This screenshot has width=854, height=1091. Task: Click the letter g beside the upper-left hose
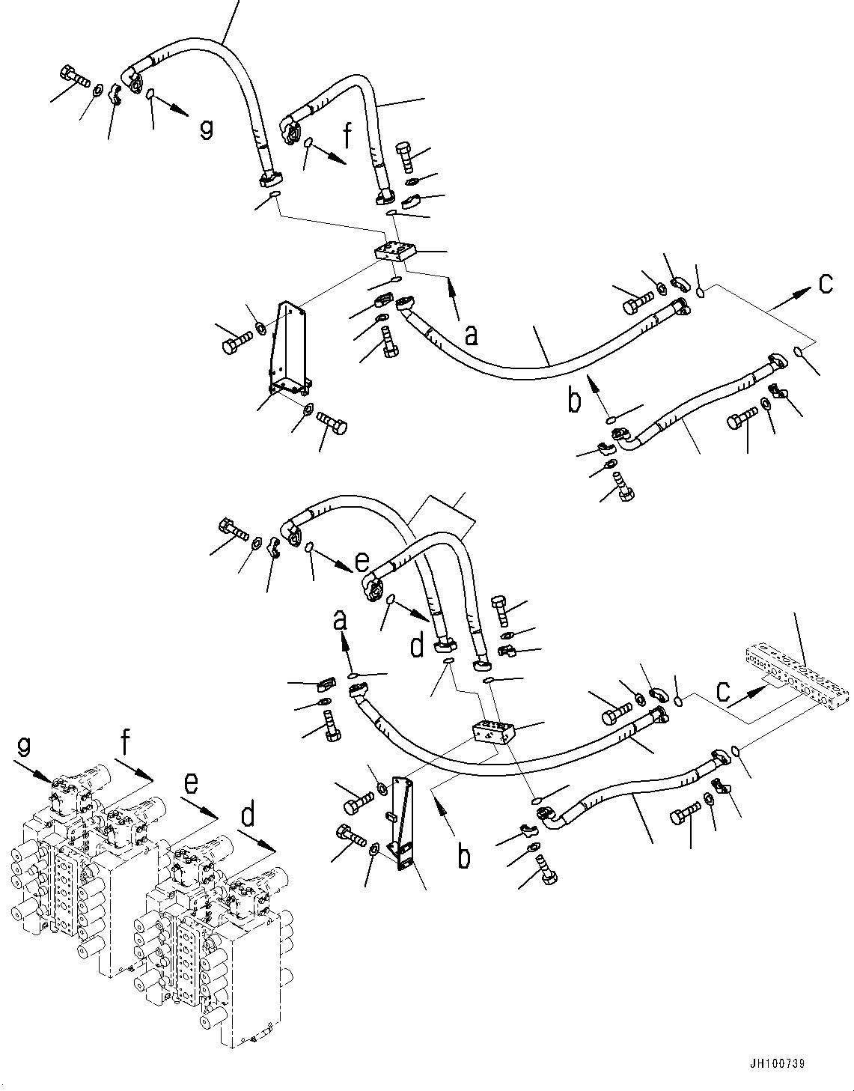click(x=205, y=129)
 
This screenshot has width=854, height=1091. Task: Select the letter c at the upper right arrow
click(x=825, y=284)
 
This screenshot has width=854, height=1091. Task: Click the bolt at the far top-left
click(x=72, y=76)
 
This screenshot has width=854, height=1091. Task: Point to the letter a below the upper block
click(x=471, y=335)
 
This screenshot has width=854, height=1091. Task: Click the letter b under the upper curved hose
click(x=574, y=400)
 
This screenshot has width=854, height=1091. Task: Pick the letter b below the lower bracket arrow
click(x=464, y=854)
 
